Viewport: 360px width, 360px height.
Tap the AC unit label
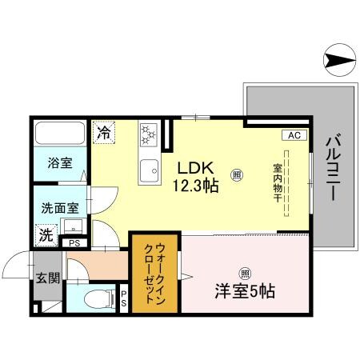pos(294,135)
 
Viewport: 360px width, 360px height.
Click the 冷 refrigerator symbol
pos(103,131)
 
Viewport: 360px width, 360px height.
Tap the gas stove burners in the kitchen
pos(149,134)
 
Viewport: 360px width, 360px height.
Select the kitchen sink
pos(149,170)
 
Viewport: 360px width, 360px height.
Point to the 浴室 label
pos(59,164)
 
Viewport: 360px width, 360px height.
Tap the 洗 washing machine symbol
pos(46,237)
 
